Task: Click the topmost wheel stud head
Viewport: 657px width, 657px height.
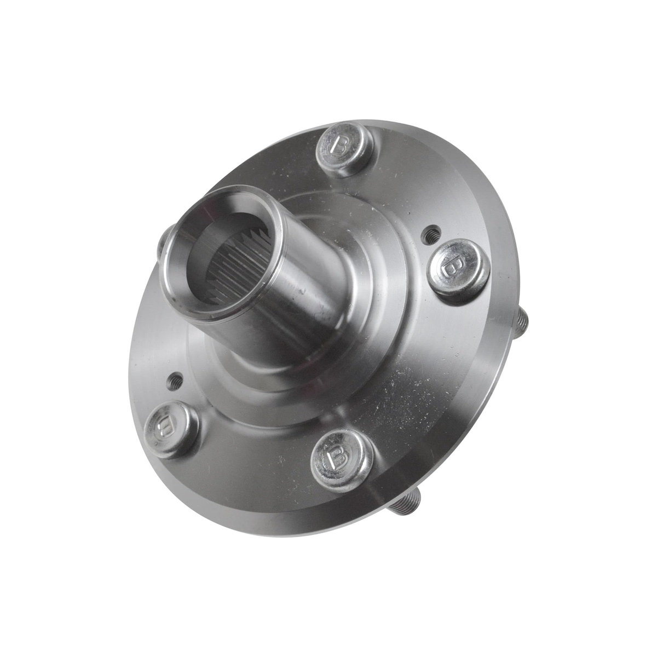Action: (344, 149)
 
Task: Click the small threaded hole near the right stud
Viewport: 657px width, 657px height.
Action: (429, 234)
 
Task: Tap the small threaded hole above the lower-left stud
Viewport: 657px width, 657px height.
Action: (175, 379)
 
